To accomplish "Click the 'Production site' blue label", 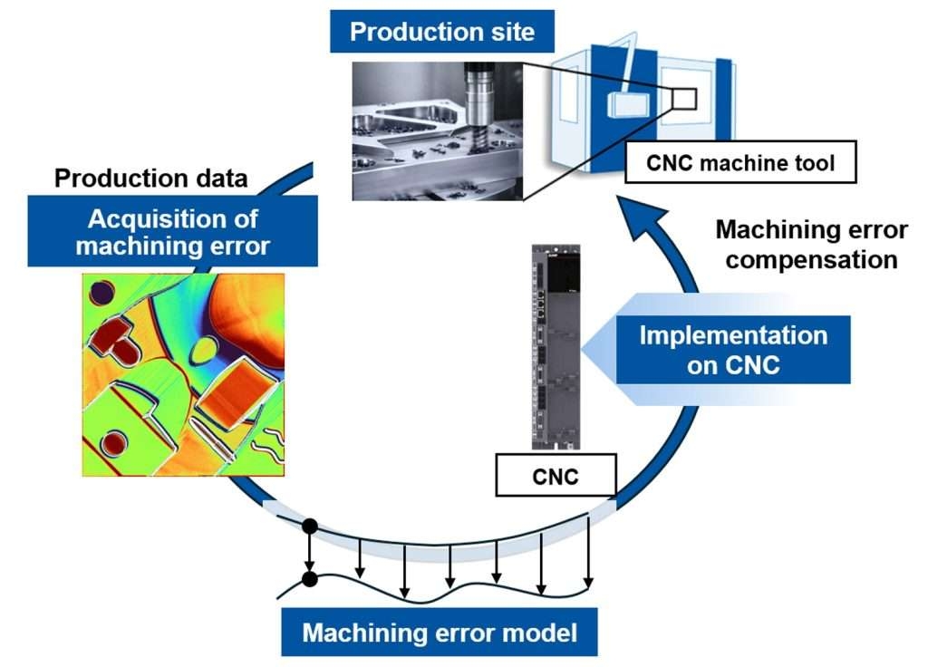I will coord(442,33).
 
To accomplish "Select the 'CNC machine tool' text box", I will coord(739,164).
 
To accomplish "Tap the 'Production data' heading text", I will coord(150,178).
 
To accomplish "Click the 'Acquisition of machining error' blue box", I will coord(172,232).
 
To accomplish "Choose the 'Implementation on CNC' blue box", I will coord(732,350).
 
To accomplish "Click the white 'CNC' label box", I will coord(556,476).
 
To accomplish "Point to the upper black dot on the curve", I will coord(309,526).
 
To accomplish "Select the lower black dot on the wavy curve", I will coord(309,578).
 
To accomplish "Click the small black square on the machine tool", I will coord(683,97).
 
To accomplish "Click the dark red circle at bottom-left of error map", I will coord(113,443).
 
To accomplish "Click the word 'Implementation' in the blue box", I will coord(732,335).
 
